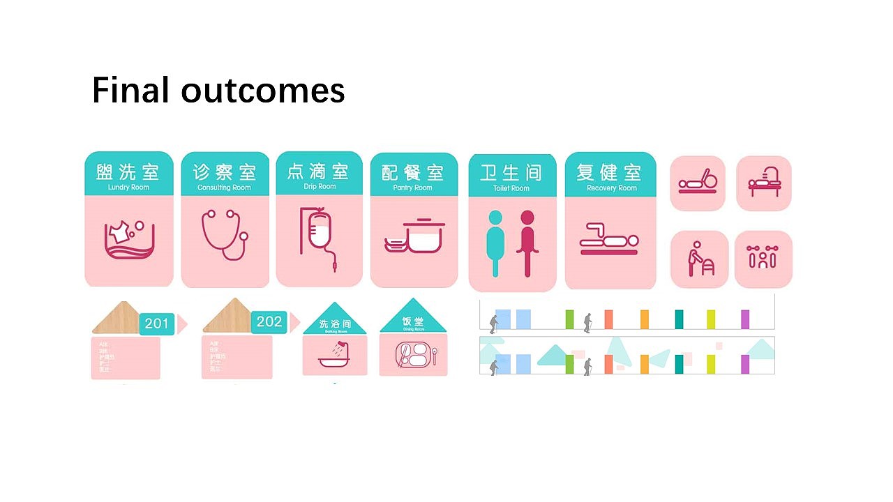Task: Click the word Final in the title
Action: click(x=130, y=91)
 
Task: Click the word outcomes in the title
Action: click(x=263, y=91)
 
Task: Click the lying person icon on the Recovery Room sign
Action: click(x=610, y=239)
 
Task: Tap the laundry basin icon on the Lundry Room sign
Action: click(x=129, y=239)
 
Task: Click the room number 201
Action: click(x=157, y=324)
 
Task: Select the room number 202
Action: click(x=269, y=321)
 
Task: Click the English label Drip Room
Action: click(x=320, y=187)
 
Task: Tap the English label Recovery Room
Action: click(x=612, y=188)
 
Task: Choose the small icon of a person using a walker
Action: click(x=698, y=259)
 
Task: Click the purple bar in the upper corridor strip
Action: click(x=745, y=319)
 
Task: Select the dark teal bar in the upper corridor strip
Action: click(x=679, y=319)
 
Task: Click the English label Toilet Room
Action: click(x=511, y=188)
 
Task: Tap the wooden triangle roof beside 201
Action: click(x=117, y=319)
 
